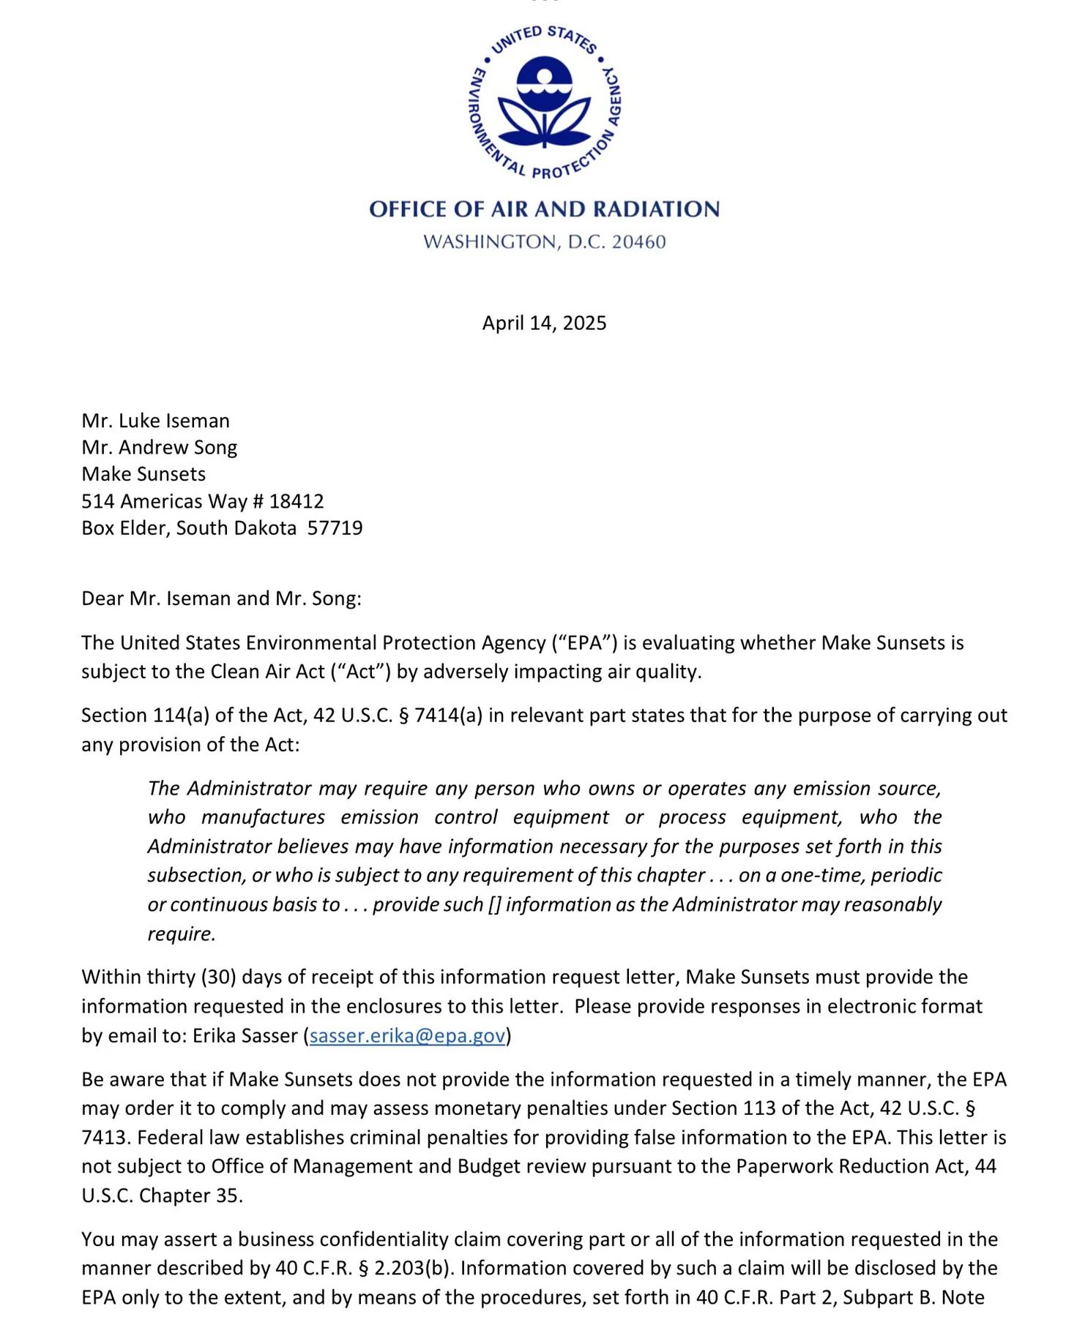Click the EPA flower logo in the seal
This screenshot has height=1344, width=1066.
(544, 102)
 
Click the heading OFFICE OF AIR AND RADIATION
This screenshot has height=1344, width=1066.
(544, 209)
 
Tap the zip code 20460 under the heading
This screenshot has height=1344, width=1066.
(638, 242)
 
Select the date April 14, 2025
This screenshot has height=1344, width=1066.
(544, 323)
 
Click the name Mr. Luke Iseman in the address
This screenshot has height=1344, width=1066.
(155, 421)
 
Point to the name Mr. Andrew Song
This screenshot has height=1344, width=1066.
(159, 448)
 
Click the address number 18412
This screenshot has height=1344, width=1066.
(297, 501)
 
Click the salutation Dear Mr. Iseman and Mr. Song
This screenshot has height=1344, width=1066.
(221, 599)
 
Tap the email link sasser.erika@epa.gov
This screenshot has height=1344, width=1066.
(407, 1036)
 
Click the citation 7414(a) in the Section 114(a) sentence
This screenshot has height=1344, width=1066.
(448, 716)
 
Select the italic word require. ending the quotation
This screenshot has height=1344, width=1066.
(182, 934)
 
